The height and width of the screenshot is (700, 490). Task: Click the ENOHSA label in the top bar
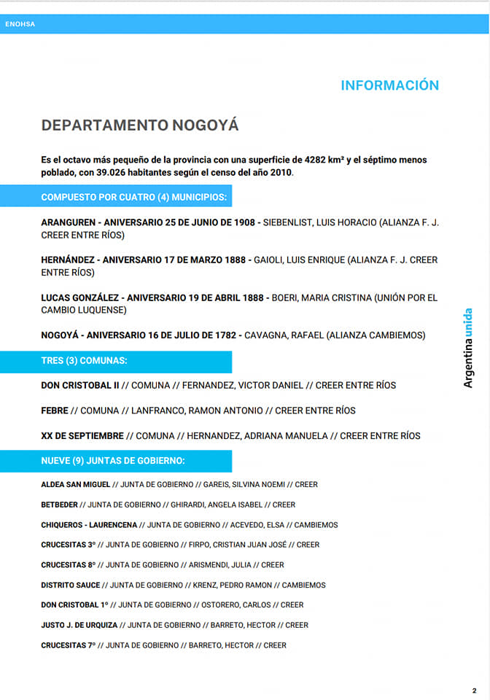tap(20, 24)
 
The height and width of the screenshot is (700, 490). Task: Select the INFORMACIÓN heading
tap(389, 85)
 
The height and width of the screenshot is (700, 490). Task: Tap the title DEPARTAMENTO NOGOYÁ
tap(140, 125)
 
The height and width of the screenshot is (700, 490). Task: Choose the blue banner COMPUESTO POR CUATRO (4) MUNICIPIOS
tap(133, 197)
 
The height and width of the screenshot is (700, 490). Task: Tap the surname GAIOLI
tap(270, 260)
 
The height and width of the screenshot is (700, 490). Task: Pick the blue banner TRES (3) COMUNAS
tap(84, 361)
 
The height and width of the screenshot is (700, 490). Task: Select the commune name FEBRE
tap(55, 411)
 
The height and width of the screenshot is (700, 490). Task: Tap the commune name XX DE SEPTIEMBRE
tap(82, 436)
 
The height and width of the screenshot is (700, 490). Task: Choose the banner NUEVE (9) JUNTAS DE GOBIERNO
tap(113, 461)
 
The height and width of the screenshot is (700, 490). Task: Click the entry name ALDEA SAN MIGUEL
tap(75, 484)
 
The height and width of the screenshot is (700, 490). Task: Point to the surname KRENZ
tap(207, 585)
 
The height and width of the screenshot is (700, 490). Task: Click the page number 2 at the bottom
tap(474, 690)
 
